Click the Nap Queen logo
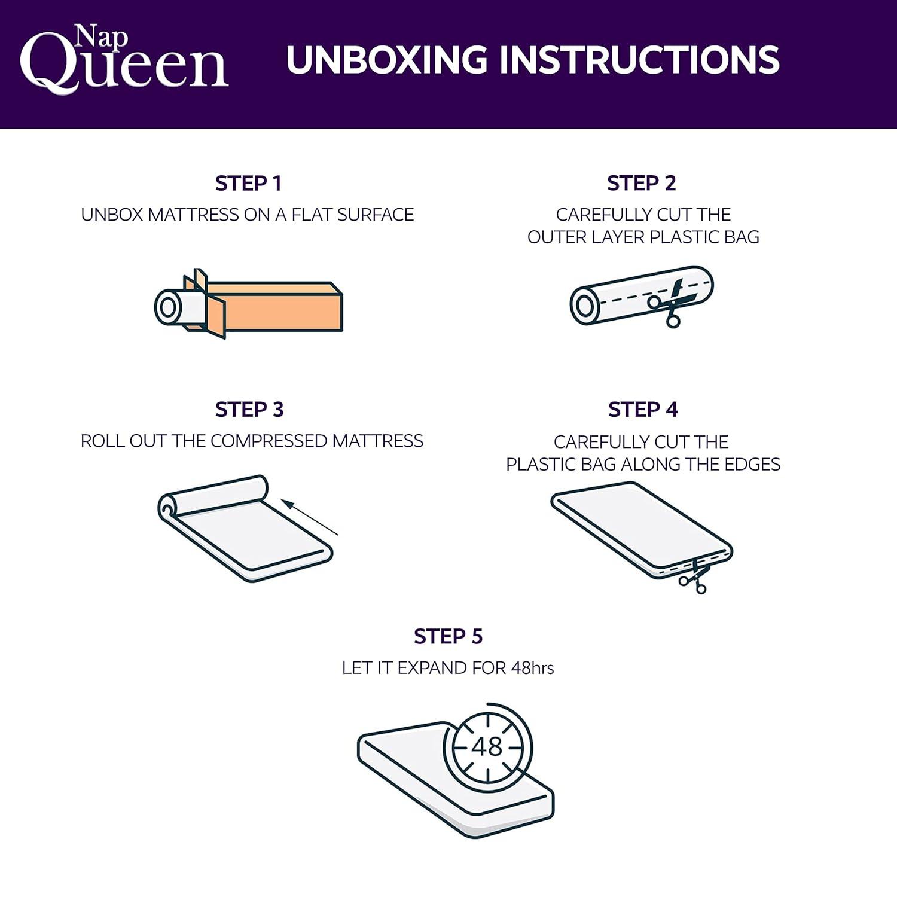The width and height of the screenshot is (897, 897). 124,58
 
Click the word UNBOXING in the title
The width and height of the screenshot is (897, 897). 387,60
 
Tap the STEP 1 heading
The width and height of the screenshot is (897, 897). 248,184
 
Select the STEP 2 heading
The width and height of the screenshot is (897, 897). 642,184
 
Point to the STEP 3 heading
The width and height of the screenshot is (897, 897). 249,410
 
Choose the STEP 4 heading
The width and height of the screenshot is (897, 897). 643,410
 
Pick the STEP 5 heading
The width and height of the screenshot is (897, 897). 448,637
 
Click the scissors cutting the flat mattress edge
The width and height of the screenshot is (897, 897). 694,576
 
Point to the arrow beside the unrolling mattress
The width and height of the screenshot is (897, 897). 311,518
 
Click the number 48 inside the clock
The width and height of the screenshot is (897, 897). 487,746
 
